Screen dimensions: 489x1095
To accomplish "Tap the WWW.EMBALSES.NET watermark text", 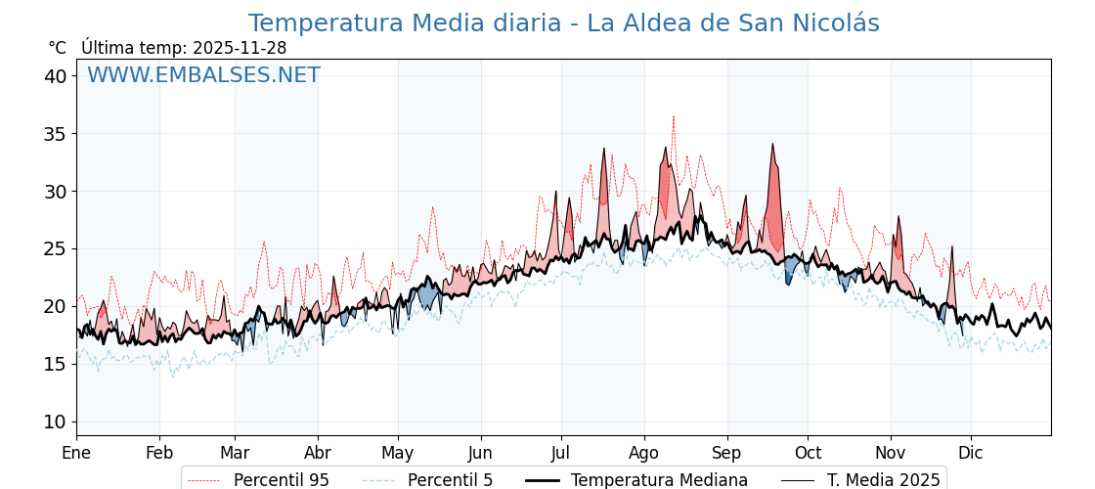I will tap(203, 75).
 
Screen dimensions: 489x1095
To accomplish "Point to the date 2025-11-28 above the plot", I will tap(240, 48).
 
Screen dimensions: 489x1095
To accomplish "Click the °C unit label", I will tap(57, 48).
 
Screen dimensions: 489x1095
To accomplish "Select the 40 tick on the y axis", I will tap(55, 76).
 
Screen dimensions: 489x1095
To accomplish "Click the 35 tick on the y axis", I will tap(55, 134).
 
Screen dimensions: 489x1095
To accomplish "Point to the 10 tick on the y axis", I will tap(55, 422).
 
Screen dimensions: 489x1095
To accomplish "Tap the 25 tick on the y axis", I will tap(55, 248).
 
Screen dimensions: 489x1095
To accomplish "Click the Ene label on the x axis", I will tap(76, 453).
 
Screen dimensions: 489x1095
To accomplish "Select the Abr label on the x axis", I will tap(318, 453).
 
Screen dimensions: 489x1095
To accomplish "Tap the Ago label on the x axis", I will tap(644, 453).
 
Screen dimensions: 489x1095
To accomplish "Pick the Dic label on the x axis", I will tap(971, 453).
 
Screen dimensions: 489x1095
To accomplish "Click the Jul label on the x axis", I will tap(561, 453).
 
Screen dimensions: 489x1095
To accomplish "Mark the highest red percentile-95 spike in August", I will tap(674, 118).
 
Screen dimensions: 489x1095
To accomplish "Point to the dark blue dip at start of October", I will tap(788, 274).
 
